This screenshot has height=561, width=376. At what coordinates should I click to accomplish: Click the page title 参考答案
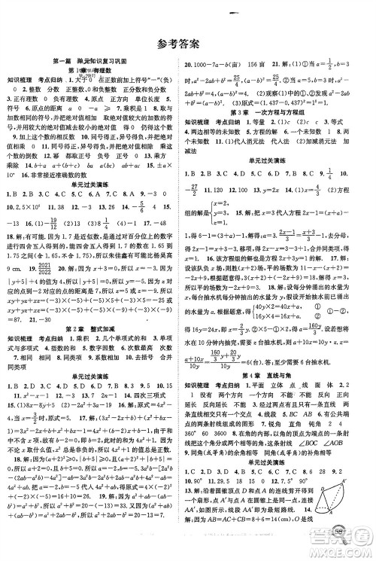pos(188,43)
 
